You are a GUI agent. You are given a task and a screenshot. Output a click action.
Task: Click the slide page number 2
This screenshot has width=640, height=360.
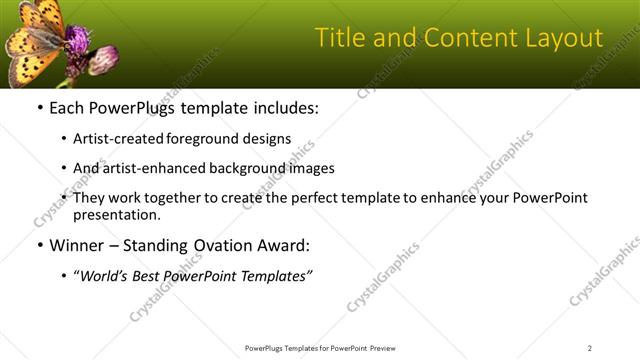point(590,347)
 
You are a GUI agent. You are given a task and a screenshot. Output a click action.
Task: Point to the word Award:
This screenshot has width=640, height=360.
point(285,245)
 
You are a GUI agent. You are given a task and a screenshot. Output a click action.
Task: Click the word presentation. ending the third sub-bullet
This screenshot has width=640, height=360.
point(117,215)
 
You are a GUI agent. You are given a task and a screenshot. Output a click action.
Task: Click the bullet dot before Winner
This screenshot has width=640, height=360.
point(39,245)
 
